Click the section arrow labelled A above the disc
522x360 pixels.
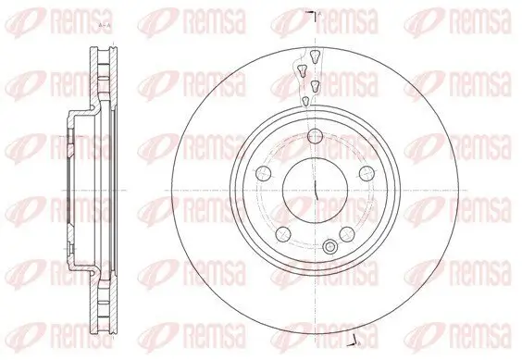[x=316, y=16]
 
